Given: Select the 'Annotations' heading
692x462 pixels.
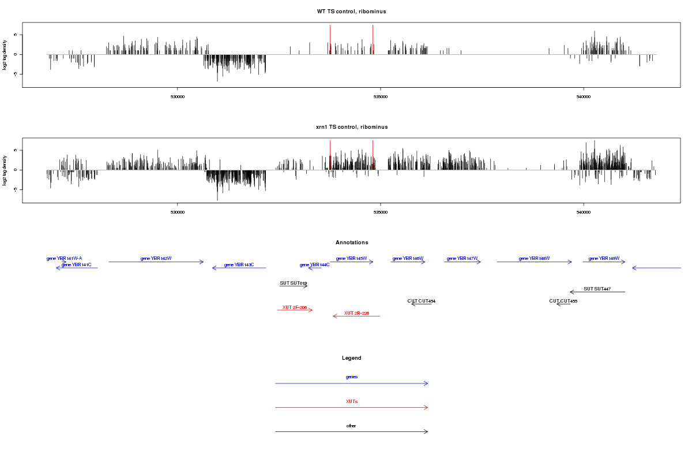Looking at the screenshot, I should point(352,243).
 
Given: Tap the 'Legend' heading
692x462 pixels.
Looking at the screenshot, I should point(352,358).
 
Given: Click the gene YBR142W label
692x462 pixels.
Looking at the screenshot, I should point(156,259).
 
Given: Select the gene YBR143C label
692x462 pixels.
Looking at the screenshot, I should point(239,264).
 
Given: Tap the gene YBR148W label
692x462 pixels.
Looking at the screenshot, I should point(534,259).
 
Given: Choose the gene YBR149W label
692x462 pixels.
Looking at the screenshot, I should point(604,259).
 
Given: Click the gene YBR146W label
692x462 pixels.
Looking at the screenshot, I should point(408,259).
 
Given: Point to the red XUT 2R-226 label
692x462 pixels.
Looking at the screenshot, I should point(356,313).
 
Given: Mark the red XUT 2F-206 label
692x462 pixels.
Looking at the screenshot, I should point(295,307).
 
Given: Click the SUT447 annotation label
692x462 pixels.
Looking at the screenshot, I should point(597,289).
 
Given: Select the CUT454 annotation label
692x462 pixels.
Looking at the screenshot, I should point(422,301).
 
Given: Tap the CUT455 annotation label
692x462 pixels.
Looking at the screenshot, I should point(563,301).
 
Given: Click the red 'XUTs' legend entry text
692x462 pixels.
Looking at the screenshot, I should point(352,401).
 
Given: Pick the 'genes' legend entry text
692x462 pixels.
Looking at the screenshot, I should point(352,377).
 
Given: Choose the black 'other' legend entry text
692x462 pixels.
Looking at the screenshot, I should point(352,426).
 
